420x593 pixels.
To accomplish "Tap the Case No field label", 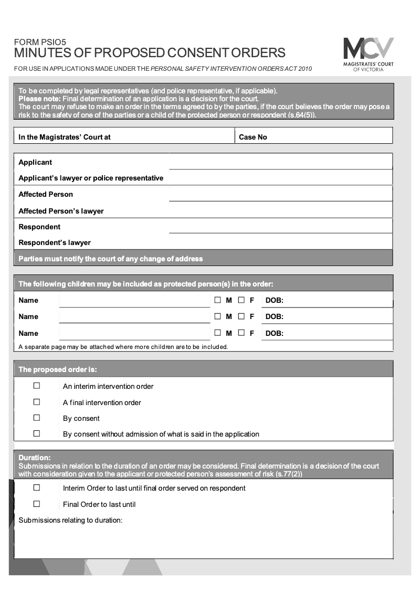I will (253, 137).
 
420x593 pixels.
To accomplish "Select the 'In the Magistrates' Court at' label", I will (65, 137).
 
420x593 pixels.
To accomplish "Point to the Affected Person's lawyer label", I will (61, 211).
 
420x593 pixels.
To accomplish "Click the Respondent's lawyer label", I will (55, 242).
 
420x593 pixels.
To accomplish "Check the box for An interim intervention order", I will (37, 386).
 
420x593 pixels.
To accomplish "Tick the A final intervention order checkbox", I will (37, 402).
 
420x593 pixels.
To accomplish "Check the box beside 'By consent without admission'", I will (37, 433).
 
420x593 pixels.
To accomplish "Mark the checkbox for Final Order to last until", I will (37, 504).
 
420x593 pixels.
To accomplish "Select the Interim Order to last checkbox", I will (37, 488).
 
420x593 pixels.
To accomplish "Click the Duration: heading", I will (35, 458).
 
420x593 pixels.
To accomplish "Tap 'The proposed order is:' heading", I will (58, 369).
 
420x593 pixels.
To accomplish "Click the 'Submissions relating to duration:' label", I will (70, 520).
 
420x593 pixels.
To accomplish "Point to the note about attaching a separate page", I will (123, 347).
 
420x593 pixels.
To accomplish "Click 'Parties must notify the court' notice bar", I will (110, 259).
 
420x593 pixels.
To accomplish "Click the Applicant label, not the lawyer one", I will (35, 162).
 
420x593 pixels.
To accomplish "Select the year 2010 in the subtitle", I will (304, 69).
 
